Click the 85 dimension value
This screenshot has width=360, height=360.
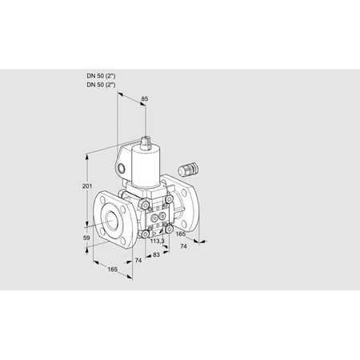pyautogui.click(x=144, y=99)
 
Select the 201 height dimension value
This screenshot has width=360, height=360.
pyautogui.click(x=87, y=186)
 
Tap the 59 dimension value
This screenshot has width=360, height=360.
pyautogui.click(x=86, y=238)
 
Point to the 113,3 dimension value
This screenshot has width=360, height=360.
pyautogui.click(x=158, y=242)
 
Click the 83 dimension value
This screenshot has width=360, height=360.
pyautogui.click(x=156, y=254)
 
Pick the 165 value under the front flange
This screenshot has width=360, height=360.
pyautogui.click(x=112, y=270)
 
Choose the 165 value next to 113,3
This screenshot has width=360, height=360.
pyautogui.click(x=180, y=234)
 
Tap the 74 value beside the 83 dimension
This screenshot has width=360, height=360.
pyautogui.click(x=138, y=261)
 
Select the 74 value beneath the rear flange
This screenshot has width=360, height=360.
pyautogui.click(x=183, y=246)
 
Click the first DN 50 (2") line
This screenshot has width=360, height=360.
pyautogui.click(x=101, y=76)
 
